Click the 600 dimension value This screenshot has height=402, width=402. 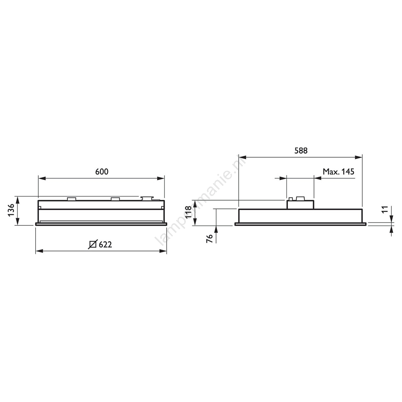(x=102, y=172)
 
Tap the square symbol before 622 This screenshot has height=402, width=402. (x=93, y=244)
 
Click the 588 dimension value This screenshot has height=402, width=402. (x=301, y=151)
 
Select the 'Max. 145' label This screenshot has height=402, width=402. (x=338, y=172)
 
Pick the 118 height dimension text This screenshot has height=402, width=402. (x=188, y=213)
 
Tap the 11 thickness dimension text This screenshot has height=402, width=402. (x=384, y=209)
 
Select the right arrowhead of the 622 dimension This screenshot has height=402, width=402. (x=163, y=251)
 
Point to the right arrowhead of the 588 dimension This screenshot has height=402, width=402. (x=358, y=157)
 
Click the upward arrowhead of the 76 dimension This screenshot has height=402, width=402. (x=216, y=229)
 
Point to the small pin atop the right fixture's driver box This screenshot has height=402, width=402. (x=291, y=199)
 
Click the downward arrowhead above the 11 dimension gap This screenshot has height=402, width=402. (x=391, y=218)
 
